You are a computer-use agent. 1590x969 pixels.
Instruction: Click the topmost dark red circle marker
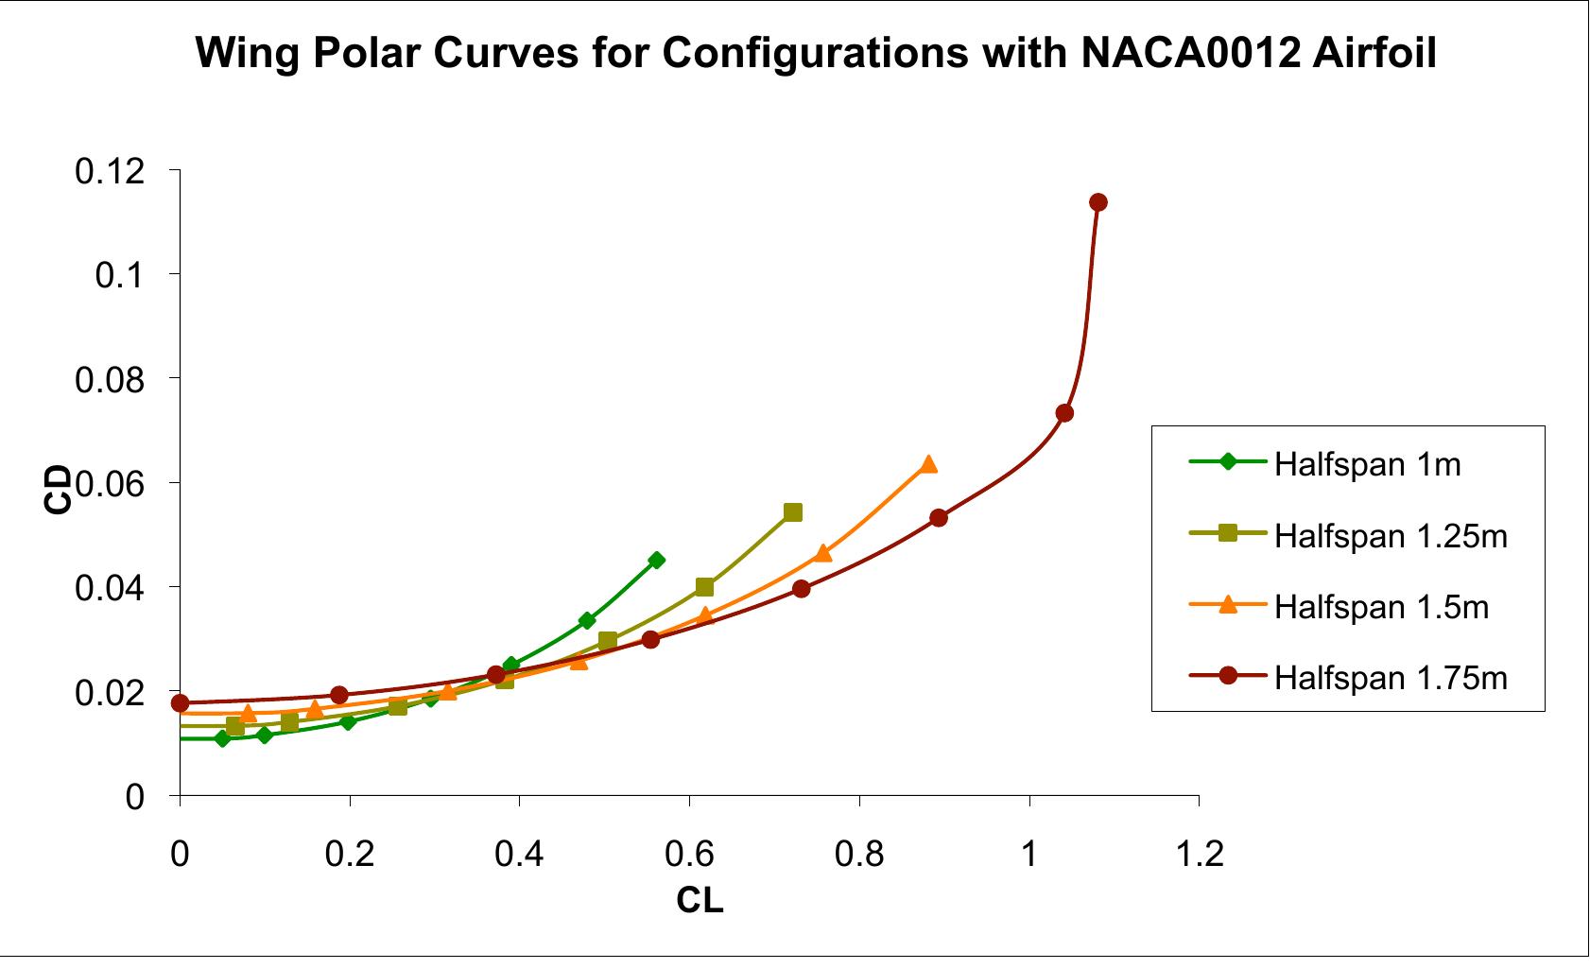click(1097, 202)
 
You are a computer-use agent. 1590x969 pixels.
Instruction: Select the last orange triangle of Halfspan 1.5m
click(928, 464)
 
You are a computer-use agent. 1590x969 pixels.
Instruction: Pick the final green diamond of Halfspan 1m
click(656, 560)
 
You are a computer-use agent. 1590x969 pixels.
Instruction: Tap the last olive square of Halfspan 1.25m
click(793, 512)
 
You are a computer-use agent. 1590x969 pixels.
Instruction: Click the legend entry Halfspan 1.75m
click(1390, 677)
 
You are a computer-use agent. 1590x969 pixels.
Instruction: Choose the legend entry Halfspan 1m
click(1367, 464)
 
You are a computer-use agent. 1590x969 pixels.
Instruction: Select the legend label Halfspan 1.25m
click(1390, 535)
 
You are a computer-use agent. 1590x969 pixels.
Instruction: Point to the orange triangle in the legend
click(1228, 605)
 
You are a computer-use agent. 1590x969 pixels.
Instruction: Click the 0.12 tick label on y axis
click(110, 171)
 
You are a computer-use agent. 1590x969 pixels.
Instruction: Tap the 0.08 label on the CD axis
click(110, 380)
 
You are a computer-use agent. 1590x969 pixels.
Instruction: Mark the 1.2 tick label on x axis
click(1199, 855)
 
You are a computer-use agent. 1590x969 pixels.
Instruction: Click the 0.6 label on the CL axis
click(689, 855)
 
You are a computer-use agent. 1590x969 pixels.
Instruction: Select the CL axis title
click(700, 901)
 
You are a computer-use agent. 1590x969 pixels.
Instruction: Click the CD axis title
click(59, 489)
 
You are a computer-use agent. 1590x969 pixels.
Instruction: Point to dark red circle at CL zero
click(180, 703)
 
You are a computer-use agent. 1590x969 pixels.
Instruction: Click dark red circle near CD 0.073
click(1064, 413)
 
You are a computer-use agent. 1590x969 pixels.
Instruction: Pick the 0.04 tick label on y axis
click(110, 589)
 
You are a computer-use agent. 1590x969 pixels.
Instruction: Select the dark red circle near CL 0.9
click(938, 518)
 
